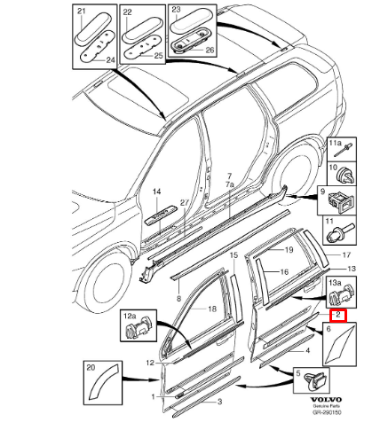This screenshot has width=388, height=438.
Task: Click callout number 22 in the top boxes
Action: pos(128,12)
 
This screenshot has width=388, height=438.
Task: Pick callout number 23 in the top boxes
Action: pos(176,12)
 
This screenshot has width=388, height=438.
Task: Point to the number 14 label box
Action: pos(156,192)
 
